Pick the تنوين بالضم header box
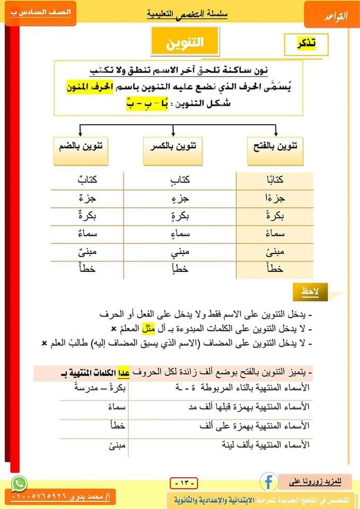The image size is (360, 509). pos(80,148)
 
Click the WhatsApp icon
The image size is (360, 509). pos(19,483)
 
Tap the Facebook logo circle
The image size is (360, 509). pos(269,481)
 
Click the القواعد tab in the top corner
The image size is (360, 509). pos(331,15)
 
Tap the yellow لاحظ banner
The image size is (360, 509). pos(310,290)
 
